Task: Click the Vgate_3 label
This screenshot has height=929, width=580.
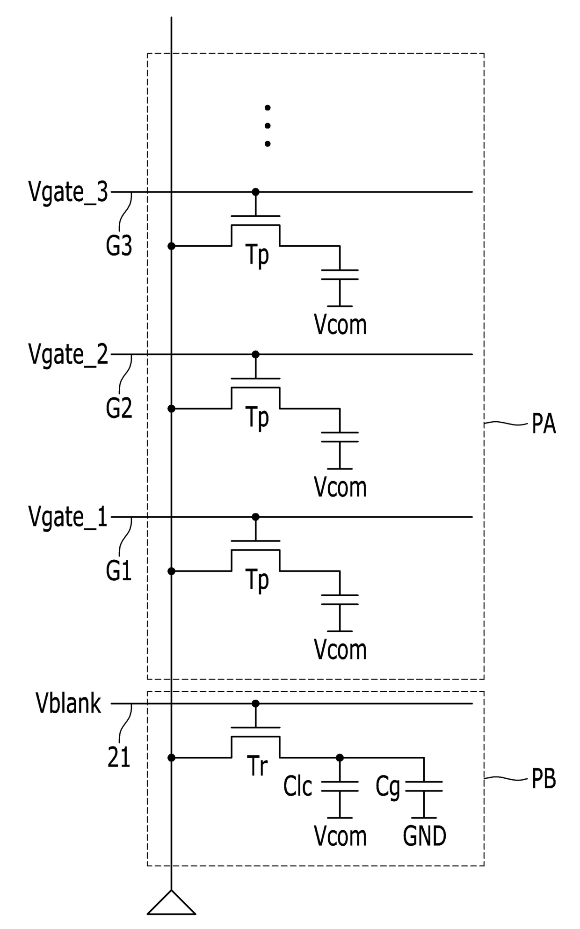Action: tap(68, 192)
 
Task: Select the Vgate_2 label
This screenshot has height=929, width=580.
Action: tap(68, 355)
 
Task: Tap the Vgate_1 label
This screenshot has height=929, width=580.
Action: tap(68, 517)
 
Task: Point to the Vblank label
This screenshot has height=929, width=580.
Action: tap(68, 703)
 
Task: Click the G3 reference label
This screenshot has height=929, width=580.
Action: tap(119, 245)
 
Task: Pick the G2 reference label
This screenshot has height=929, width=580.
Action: tap(119, 408)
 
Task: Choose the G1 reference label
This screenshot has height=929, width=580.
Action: tap(119, 571)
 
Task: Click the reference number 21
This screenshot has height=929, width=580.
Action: tap(119, 757)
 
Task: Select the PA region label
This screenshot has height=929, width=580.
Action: tap(544, 424)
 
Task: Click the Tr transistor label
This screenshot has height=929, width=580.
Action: tap(257, 767)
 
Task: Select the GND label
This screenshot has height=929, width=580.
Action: tap(425, 836)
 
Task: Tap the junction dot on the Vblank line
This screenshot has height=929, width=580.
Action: tap(255, 703)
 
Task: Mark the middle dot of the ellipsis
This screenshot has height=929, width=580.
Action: tap(268, 125)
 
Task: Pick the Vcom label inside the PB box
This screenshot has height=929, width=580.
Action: tap(340, 836)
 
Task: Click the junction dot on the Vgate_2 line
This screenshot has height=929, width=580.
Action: tap(255, 354)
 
